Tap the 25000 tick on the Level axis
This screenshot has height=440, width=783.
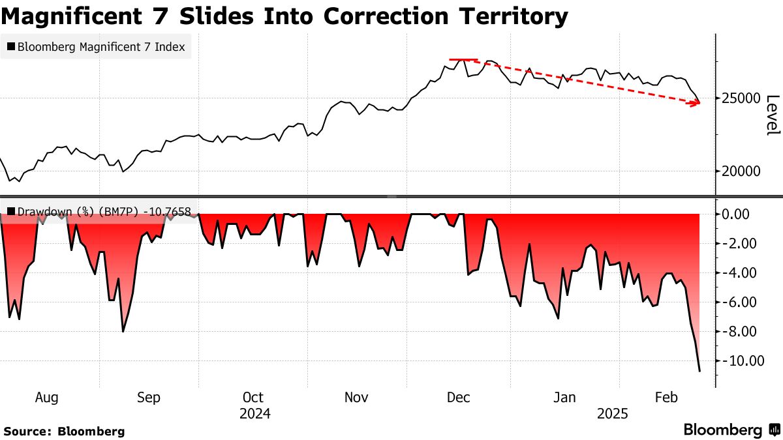[x=740, y=98]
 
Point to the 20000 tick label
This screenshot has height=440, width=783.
[x=740, y=171]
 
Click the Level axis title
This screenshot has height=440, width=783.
[x=773, y=115]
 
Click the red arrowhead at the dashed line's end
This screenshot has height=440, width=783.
[x=697, y=103]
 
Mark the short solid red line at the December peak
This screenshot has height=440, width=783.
[x=463, y=59]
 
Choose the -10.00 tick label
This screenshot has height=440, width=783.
[x=741, y=361]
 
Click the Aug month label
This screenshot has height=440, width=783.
[x=47, y=398]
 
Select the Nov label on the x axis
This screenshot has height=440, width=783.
[x=356, y=398]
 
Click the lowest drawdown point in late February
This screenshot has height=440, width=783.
[x=699, y=371]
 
